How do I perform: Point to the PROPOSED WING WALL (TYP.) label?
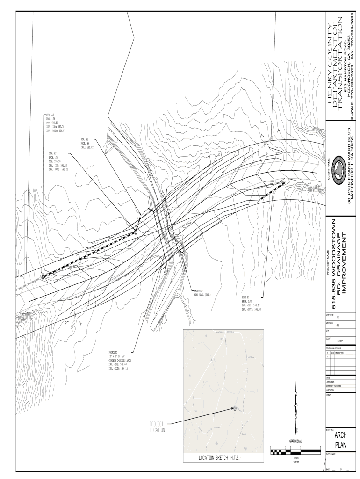(x=202, y=293)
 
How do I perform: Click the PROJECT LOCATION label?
(x=157, y=427)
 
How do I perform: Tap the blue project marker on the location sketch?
(x=235, y=408)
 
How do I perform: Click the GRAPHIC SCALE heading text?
(x=296, y=441)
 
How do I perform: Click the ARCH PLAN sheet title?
(x=340, y=440)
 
